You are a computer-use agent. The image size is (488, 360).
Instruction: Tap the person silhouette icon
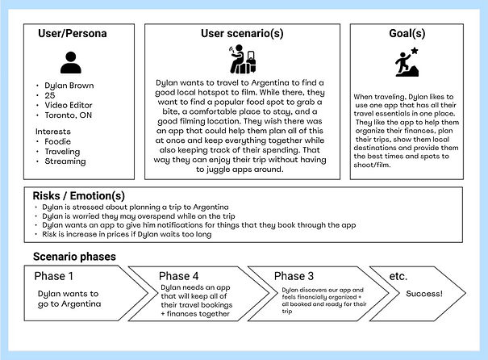(70, 62)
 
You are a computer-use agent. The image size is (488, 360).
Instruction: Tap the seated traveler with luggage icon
(243, 61)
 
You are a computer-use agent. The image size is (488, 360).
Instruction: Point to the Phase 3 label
(294, 276)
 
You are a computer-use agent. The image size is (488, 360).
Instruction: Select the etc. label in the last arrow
(398, 276)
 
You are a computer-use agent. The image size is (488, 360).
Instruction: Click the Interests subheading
(53, 132)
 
